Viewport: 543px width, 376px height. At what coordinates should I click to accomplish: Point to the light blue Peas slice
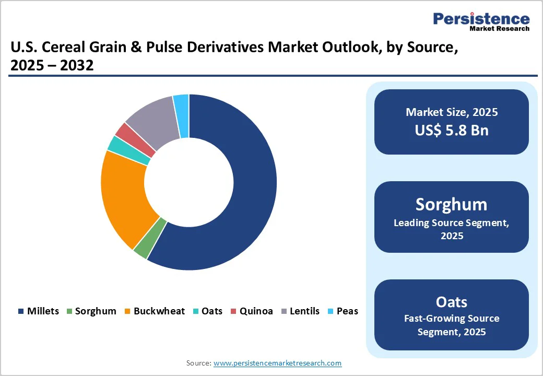181,116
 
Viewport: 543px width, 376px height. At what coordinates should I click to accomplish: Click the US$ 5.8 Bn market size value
452,130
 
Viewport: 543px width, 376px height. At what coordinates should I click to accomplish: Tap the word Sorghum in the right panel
452,204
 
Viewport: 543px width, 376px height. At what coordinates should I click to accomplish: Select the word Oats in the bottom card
452,302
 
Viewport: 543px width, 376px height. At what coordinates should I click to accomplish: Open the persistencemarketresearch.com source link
277,363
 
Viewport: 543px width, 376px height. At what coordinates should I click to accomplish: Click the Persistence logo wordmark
481,19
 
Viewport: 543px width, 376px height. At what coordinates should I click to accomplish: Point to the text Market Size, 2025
452,112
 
